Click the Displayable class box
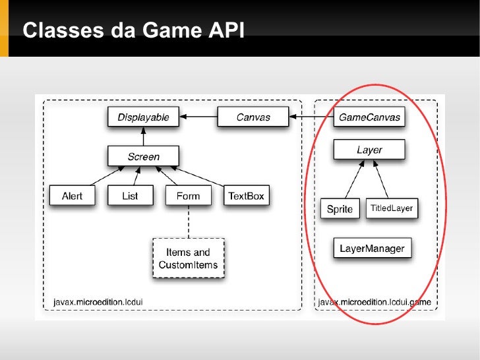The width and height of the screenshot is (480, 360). pyautogui.click(x=143, y=118)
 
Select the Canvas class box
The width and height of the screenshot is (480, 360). pyautogui.click(x=253, y=118)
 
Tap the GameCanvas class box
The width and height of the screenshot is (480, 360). pyautogui.click(x=369, y=118)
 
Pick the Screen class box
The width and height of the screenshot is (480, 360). pyautogui.click(x=143, y=157)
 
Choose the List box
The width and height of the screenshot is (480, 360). pyautogui.click(x=130, y=196)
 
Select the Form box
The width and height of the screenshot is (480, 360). pyautogui.click(x=188, y=196)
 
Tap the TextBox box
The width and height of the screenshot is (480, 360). pyautogui.click(x=246, y=196)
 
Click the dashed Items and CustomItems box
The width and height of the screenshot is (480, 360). pyautogui.click(x=188, y=258)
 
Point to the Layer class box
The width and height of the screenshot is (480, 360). pyautogui.click(x=369, y=150)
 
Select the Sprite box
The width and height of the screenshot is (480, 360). pyautogui.click(x=340, y=209)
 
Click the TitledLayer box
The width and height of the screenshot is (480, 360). pyautogui.click(x=391, y=209)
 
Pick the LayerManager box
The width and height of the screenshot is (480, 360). pyautogui.click(x=373, y=249)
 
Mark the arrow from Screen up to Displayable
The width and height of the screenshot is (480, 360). pyautogui.click(x=143, y=137)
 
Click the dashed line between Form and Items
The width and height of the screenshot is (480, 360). pyautogui.click(x=188, y=222)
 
